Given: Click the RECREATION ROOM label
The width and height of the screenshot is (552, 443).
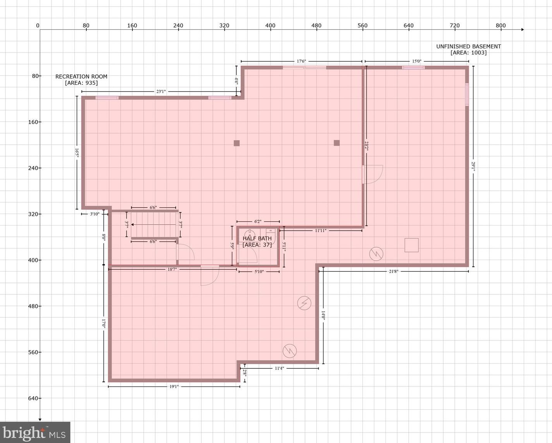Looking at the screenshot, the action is point(81,76).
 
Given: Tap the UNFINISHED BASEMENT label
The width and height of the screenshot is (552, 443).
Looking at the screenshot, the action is point(468,46).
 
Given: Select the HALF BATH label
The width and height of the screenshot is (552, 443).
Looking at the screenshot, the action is point(257,238).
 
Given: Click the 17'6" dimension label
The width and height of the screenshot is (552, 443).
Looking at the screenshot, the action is point(302,61).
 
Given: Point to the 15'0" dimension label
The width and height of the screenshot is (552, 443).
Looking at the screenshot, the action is point(417,61).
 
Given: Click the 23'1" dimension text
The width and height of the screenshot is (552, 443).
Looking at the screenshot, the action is point(161,92).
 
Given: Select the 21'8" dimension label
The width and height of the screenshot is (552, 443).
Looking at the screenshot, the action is point(393,271).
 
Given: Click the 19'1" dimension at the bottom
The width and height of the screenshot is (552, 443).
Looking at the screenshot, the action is point(174,387).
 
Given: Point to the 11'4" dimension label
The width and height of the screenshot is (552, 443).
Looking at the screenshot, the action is point(279,368).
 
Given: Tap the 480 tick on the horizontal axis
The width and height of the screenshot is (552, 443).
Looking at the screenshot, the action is point(317,26).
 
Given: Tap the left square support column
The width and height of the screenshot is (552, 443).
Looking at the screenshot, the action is point(237,143).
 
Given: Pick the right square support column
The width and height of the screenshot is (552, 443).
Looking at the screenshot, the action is point(336,143).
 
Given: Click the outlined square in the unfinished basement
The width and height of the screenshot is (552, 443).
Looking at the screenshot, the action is point(411,245).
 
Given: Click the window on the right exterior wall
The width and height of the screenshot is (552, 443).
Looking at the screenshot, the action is point(467,94).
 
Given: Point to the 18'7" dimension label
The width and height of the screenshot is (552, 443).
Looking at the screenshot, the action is point(172,269).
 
